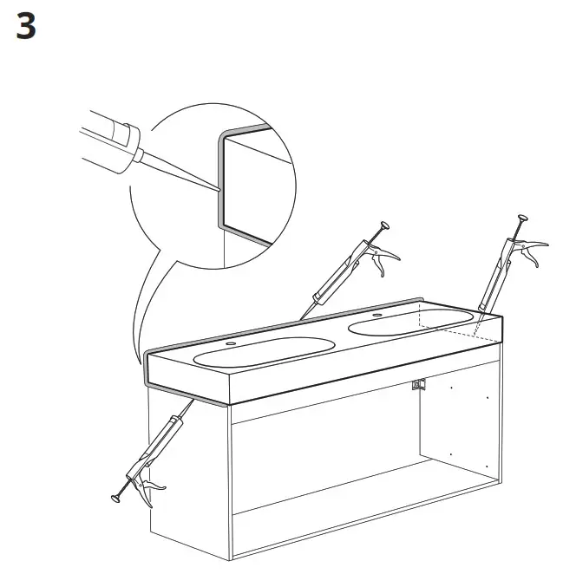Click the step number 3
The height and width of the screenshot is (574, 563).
click(27, 28)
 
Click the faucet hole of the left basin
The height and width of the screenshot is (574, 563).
click(230, 344)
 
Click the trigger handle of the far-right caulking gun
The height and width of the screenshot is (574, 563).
click(532, 251)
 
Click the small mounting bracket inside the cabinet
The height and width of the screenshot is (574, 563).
click(419, 385)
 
